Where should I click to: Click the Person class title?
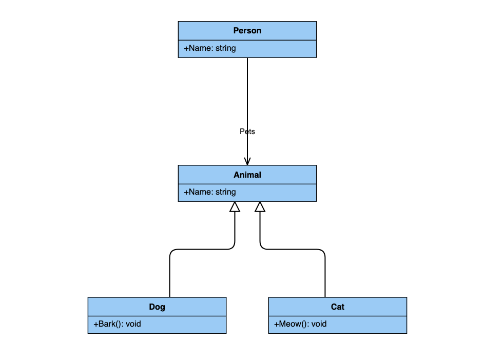[x=247, y=30]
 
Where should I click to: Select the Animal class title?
[x=247, y=175]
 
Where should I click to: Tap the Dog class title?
[x=157, y=307]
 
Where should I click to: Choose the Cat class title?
[x=338, y=307]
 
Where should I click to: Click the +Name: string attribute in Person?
[x=210, y=48]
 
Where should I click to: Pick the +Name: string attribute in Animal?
[x=210, y=192]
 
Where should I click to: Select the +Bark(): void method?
[x=117, y=324]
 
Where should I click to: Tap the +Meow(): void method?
[x=300, y=324]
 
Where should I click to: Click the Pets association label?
[x=247, y=131]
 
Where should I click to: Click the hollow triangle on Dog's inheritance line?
[x=235, y=207]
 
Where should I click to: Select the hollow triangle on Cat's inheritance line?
[x=260, y=207]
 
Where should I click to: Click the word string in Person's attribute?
[x=225, y=48]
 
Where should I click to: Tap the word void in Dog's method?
[x=133, y=324]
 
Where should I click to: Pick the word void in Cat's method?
[x=319, y=324]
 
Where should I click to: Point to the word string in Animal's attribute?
[x=225, y=192]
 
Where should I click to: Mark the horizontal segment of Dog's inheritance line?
[x=202, y=249]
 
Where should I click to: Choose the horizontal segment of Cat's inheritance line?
[x=293, y=249]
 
